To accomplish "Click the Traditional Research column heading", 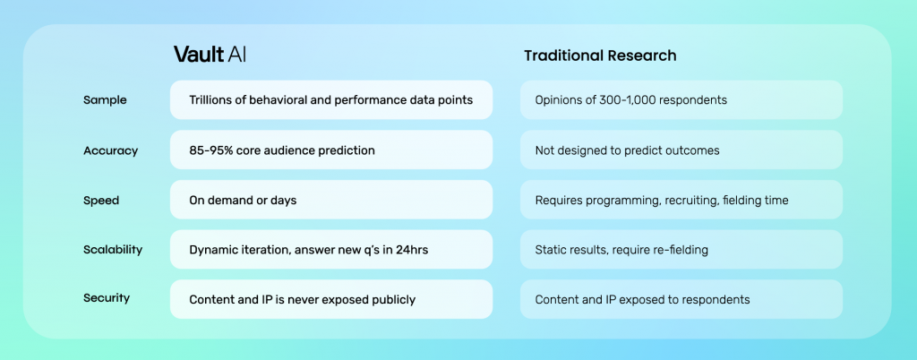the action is pyautogui.click(x=600, y=56).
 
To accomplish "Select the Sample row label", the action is pyautogui.click(x=105, y=100).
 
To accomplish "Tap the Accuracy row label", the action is pyautogui.click(x=110, y=150).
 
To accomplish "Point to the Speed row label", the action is pyautogui.click(x=101, y=201).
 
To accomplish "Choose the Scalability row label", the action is pyautogui.click(x=113, y=250).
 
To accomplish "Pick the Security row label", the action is pyautogui.click(x=107, y=298).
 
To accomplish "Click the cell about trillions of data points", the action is pyautogui.click(x=331, y=100).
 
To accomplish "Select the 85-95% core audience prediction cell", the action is pyautogui.click(x=331, y=150).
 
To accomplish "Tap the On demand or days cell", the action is pyautogui.click(x=331, y=200).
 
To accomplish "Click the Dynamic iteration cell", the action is pyautogui.click(x=331, y=250).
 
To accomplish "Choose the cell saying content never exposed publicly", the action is pyautogui.click(x=331, y=299).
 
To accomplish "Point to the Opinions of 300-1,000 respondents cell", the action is pyautogui.click(x=681, y=100).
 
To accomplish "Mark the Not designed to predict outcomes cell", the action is pyautogui.click(x=681, y=150).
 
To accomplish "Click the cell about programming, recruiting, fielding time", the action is pyautogui.click(x=681, y=200).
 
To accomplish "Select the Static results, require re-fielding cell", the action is pyautogui.click(x=681, y=250).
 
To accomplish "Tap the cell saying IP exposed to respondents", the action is pyautogui.click(x=681, y=299).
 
